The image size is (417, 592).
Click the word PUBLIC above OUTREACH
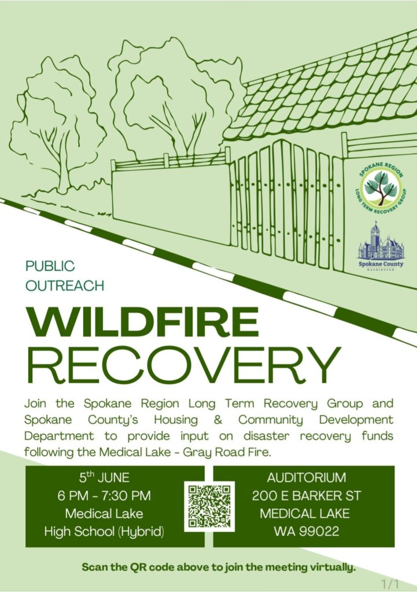coord(50,266)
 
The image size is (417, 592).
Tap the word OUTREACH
coord(65,286)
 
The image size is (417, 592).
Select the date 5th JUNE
coord(104,478)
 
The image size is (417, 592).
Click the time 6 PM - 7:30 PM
coord(104,495)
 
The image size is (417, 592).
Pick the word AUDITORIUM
coord(307,478)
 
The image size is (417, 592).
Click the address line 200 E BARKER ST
coord(307,495)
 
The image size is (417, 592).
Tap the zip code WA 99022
coord(307,531)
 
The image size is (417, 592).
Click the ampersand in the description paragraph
coord(218,420)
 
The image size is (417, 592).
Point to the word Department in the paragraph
coord(59,436)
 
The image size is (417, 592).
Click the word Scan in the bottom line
coord(94,567)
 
